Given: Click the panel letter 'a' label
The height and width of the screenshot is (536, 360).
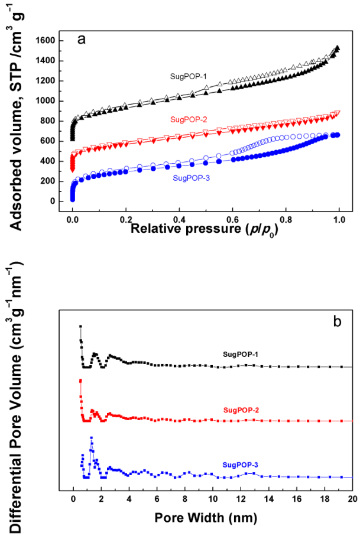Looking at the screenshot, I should [82, 40].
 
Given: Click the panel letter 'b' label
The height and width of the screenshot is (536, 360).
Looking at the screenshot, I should [337, 322].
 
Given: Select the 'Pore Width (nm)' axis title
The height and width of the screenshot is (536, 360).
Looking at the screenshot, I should [206, 518].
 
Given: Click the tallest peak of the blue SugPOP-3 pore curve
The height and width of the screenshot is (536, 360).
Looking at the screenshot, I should [92, 438].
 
